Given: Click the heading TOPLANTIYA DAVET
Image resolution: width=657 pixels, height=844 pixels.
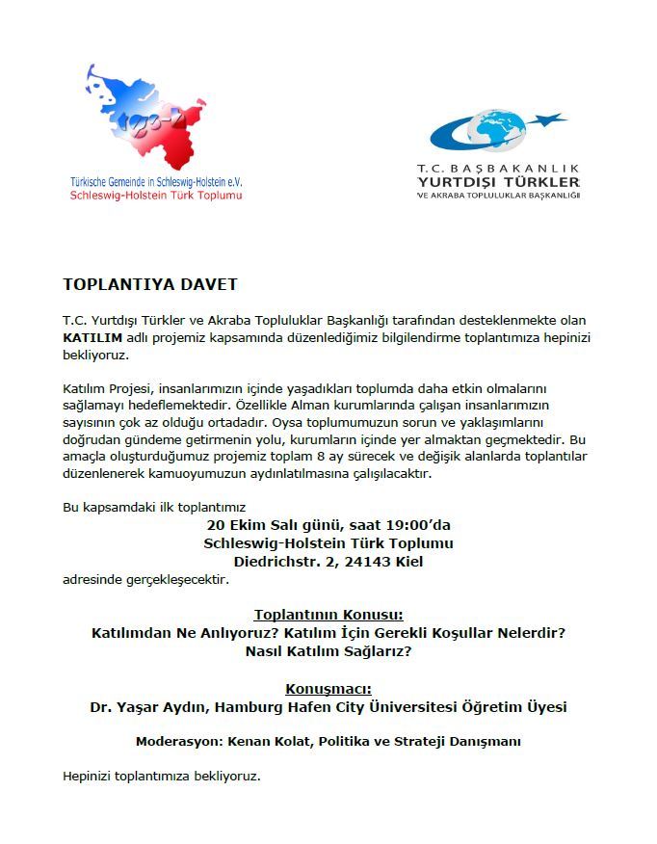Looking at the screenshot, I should (x=149, y=284).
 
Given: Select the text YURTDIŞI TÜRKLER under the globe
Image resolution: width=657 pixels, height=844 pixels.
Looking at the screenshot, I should (x=498, y=181).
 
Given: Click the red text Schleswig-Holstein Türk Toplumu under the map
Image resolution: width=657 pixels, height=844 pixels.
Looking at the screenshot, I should (x=156, y=194).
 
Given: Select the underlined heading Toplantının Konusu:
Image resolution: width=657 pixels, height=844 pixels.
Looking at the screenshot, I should (x=328, y=615).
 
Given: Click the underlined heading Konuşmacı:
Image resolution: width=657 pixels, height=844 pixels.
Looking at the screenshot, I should (x=328, y=689).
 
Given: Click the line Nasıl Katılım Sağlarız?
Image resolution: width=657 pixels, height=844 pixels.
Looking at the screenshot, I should (x=328, y=651).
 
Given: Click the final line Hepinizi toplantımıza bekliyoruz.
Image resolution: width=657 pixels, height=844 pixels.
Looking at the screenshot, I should (x=162, y=775).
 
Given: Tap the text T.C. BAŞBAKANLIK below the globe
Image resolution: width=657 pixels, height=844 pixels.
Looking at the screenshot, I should (x=498, y=167).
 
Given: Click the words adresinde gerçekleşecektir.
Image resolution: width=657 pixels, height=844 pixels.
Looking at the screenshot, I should (x=145, y=579).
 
